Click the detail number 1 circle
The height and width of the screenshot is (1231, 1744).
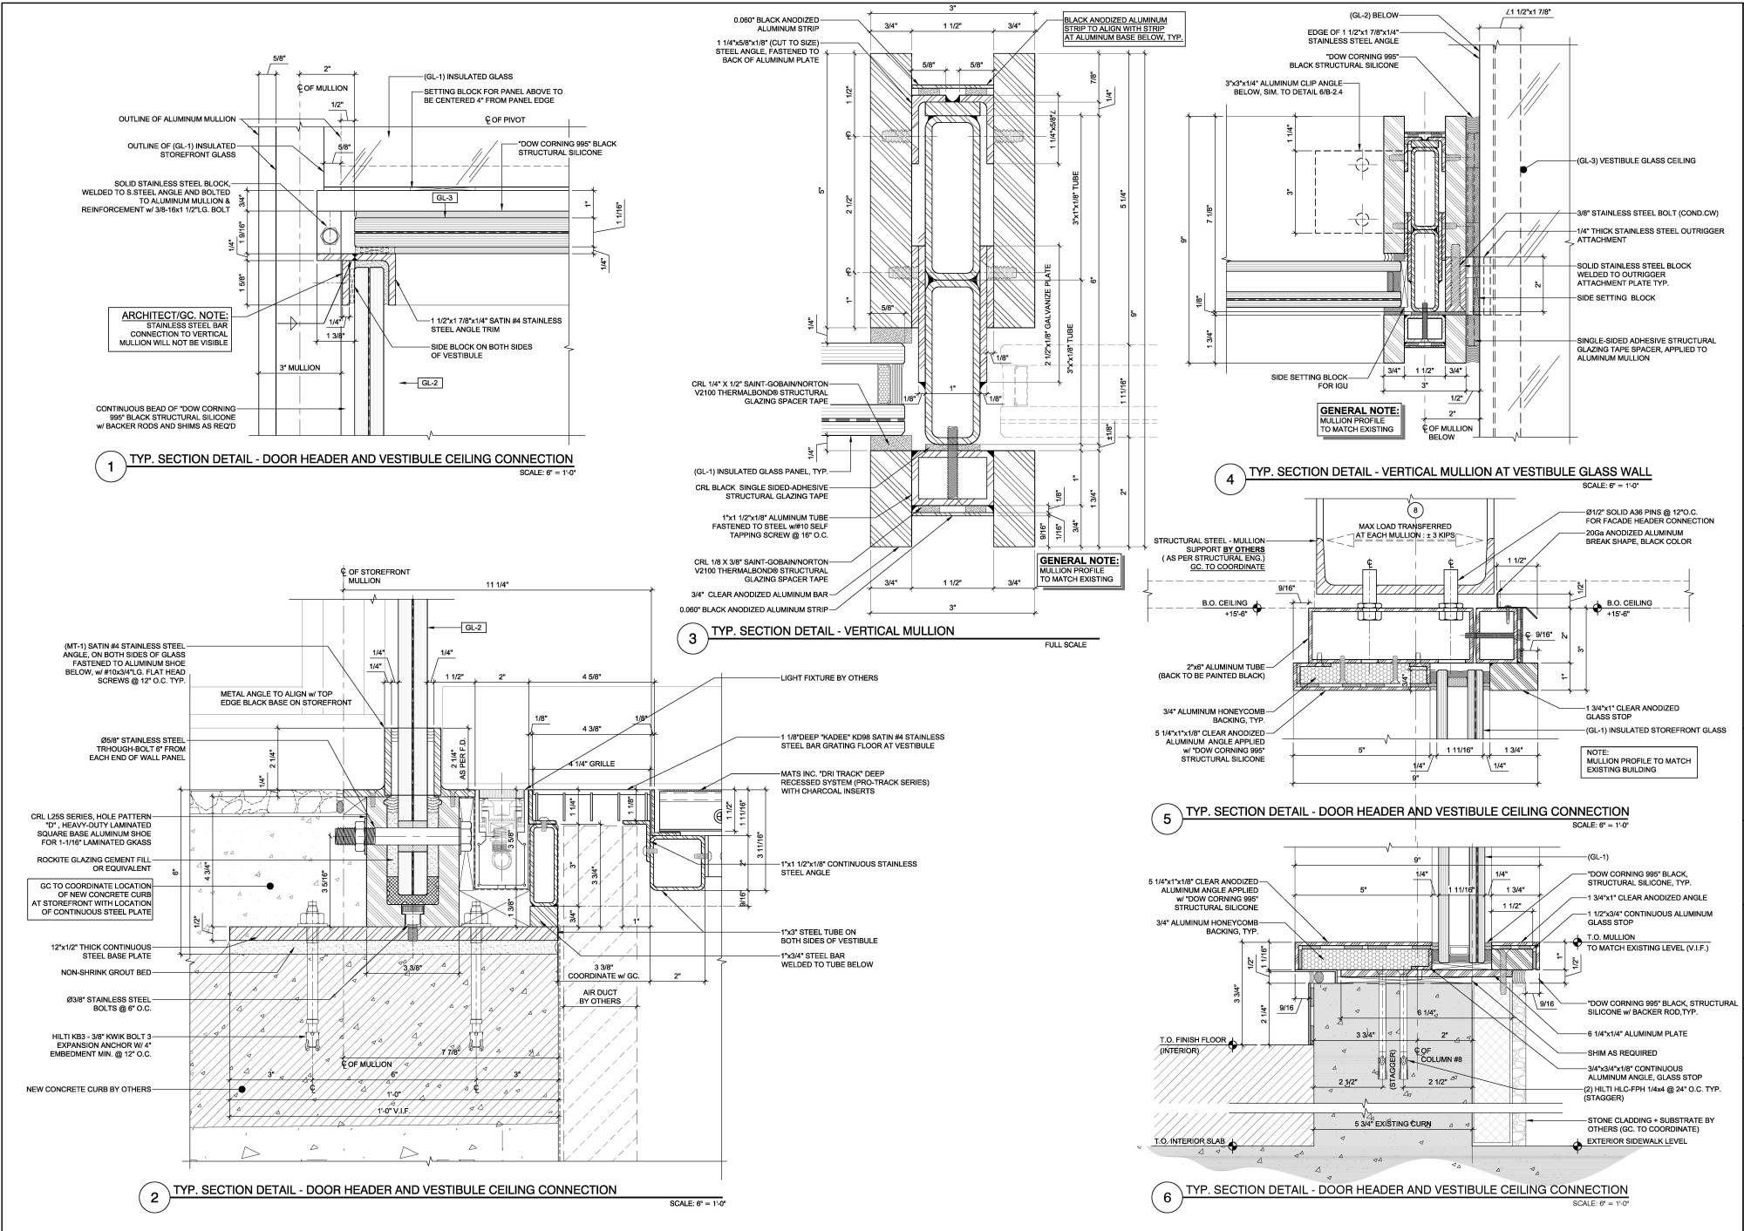110,469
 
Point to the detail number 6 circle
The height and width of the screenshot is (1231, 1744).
1167,1198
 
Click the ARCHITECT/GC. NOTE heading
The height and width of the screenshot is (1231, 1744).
175,315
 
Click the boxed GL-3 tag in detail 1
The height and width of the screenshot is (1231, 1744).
446,198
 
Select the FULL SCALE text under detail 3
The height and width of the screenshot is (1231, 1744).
1072,646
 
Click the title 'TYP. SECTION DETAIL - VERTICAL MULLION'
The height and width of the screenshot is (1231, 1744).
832,631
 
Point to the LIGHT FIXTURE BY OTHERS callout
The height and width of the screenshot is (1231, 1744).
829,677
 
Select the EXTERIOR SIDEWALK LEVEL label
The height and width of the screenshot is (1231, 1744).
1637,1140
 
